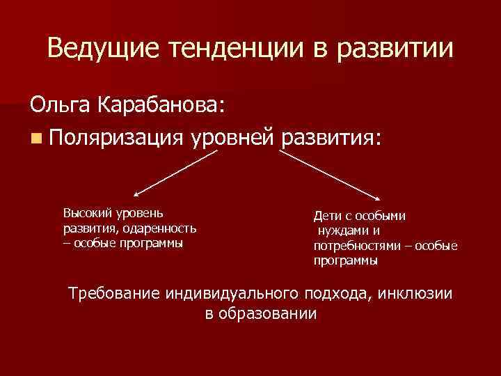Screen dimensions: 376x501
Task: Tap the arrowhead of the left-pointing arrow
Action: [x=136, y=196]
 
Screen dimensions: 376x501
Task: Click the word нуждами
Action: [x=343, y=231]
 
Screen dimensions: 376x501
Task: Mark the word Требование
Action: [x=114, y=293]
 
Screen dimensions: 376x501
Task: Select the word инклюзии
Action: [x=417, y=293]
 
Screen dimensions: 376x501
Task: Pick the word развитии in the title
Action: [x=400, y=49]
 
